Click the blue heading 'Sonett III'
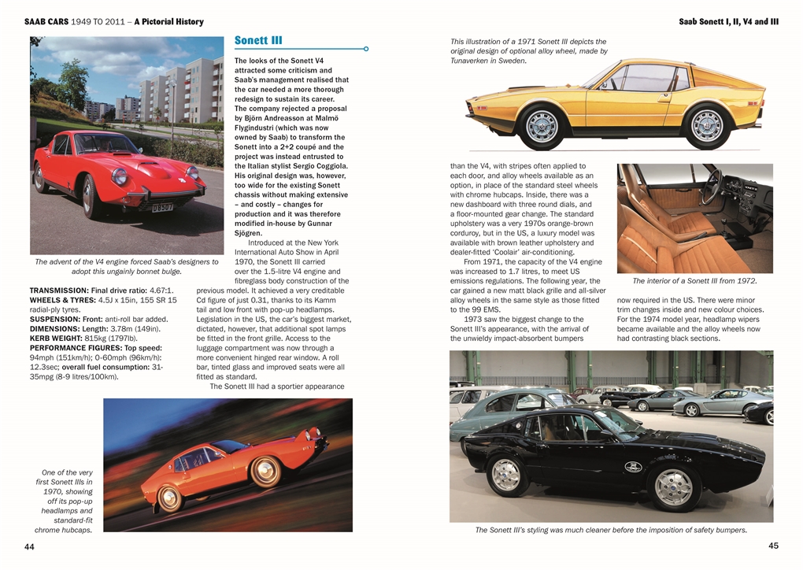pos(258,41)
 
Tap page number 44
pos(29,546)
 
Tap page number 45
pos(773,546)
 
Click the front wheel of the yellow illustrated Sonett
pos(541,126)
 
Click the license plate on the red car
pos(163,208)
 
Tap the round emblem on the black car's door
pos(633,467)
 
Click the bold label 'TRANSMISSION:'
pos(57,291)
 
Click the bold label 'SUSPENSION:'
pos(55,319)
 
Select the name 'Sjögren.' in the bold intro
pos(251,233)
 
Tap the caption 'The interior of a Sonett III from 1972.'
pos(694,280)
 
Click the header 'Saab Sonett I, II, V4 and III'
pos(728,22)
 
